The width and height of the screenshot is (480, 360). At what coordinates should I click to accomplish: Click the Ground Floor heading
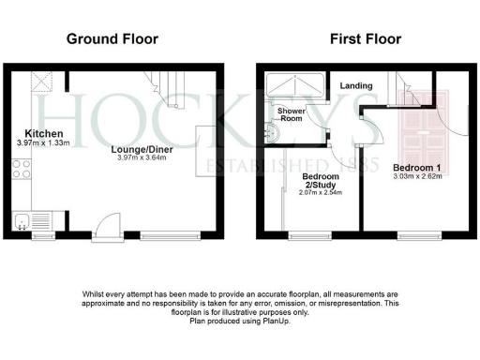click(x=112, y=39)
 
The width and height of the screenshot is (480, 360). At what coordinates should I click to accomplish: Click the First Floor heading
click(x=366, y=39)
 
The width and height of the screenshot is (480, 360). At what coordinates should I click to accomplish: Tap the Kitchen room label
click(x=37, y=133)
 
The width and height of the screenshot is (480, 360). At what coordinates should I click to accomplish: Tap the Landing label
click(x=356, y=86)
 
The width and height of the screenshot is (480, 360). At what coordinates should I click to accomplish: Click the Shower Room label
click(x=290, y=114)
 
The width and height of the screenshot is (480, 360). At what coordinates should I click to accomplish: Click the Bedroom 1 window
click(x=413, y=234)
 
